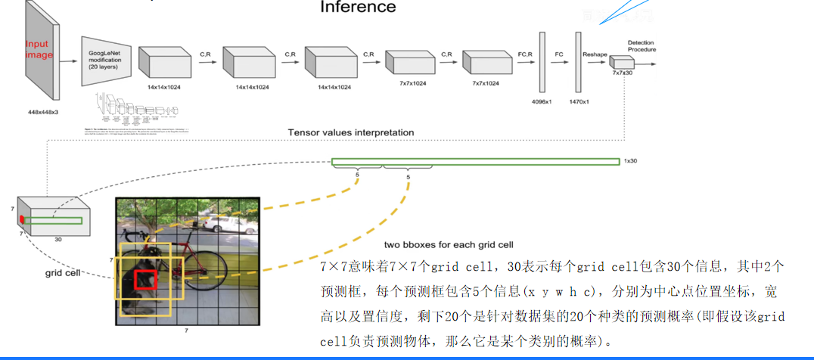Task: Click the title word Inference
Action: click(x=358, y=8)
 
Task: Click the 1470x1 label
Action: click(x=579, y=101)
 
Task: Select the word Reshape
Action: click(x=595, y=54)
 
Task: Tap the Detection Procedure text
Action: click(x=642, y=46)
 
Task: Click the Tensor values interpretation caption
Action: click(x=350, y=132)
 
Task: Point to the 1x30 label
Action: click(x=631, y=161)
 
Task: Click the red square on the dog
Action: click(x=145, y=280)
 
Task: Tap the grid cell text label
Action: click(x=62, y=272)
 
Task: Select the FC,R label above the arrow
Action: click(x=526, y=54)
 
